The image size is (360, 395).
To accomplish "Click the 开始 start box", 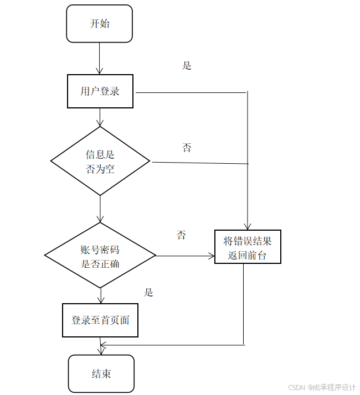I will pos(100,24).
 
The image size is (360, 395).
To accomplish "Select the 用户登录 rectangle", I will pos(100,91).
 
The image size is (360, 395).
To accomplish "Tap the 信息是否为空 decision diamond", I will pos(100,161).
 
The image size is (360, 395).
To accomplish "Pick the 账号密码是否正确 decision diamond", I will pos(100,256).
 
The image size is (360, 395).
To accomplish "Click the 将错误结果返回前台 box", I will pos(248,247).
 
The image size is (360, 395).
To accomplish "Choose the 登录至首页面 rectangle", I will pos(100,320).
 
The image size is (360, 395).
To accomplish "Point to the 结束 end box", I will pos(101,374).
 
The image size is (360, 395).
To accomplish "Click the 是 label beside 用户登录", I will pos(187,65).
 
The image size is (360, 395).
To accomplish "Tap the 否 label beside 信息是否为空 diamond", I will pos(187,148).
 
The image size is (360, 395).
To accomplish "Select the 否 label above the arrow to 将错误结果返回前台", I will pos(181,235).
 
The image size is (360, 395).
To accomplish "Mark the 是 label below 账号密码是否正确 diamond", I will pos(148,292).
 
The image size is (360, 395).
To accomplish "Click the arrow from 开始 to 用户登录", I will pos(100,59).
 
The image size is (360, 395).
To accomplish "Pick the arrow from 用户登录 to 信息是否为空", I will pos(100,117).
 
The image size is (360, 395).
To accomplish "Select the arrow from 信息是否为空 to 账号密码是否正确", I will pos(100,209).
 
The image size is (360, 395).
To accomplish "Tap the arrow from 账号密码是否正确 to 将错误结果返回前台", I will pos(185,256).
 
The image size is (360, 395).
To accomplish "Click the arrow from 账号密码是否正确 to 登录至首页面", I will pos(100,295).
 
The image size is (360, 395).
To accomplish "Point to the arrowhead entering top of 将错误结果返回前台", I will pos(248,226).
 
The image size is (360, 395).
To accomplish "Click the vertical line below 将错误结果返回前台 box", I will pos(244,304).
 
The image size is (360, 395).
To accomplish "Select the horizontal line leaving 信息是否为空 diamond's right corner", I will pos(199,163).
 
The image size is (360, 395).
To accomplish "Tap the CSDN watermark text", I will pos(322,387).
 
